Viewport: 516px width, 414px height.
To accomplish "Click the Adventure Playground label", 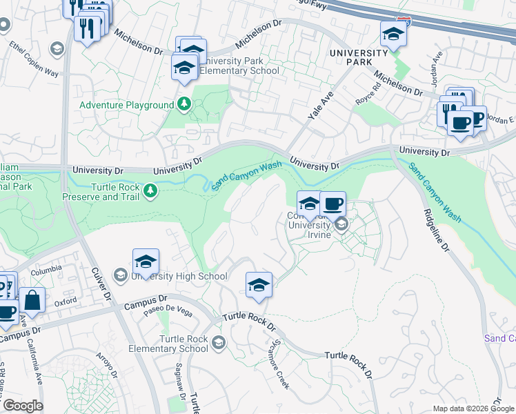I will coord(126,105).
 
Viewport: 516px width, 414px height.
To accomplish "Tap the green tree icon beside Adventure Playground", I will coord(184,104).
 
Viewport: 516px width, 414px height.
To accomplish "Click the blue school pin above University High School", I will coord(146,262).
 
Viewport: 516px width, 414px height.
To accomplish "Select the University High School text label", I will coord(179,277).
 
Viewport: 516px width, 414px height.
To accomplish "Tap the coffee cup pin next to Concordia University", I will coord(333,204).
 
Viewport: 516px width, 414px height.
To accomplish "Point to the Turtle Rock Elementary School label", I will coord(183,344).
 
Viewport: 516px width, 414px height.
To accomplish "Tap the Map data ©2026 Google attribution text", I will coord(473,408).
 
